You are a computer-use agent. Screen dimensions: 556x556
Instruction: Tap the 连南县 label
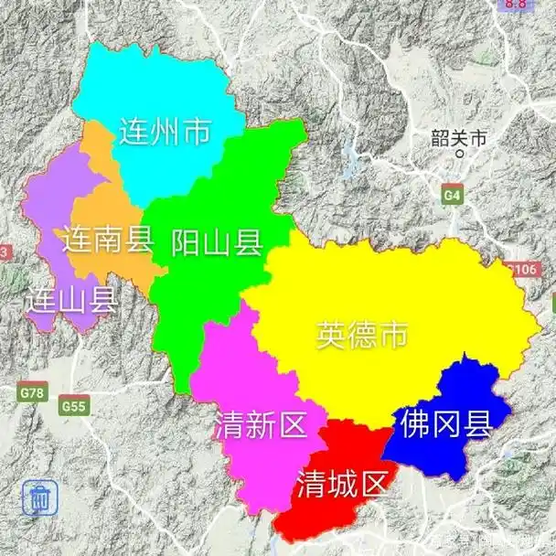pyautogui.click(x=108, y=240)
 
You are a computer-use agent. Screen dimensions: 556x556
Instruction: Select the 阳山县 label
pyautogui.click(x=218, y=242)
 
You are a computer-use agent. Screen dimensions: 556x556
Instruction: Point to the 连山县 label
pyautogui.click(x=70, y=299)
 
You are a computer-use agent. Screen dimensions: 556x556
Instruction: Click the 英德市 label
pyautogui.click(x=361, y=335)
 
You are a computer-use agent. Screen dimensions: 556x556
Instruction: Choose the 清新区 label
pyautogui.click(x=260, y=424)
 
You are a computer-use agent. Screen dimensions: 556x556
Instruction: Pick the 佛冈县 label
pyautogui.click(x=444, y=423)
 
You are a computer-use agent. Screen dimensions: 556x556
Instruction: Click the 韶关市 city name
pyautogui.click(x=460, y=139)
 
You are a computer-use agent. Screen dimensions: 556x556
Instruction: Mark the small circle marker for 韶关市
pyautogui.click(x=460, y=155)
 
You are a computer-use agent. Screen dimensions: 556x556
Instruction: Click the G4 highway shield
pyautogui.click(x=452, y=195)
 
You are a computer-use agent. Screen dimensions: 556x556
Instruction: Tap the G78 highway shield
pyautogui.click(x=32, y=392)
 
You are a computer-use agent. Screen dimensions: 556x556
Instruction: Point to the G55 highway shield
pyautogui.click(x=73, y=404)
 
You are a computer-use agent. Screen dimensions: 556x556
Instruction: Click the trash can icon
pyautogui.click(x=40, y=498)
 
